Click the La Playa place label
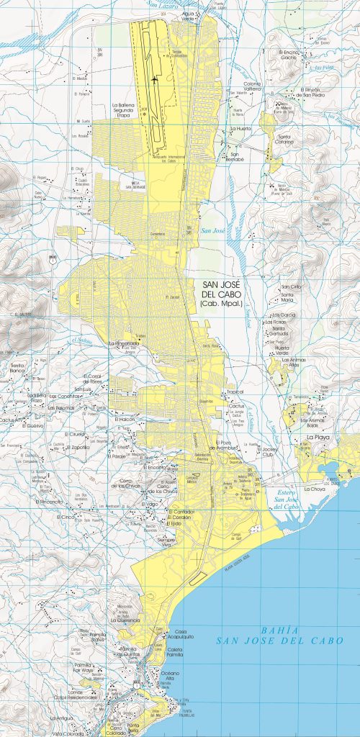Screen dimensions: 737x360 click(x=318, y=437)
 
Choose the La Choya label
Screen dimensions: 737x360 click(x=315, y=489)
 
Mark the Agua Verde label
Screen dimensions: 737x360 click(x=189, y=15)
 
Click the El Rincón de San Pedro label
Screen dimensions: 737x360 click(x=313, y=91)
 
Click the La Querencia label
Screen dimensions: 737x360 click(x=125, y=620)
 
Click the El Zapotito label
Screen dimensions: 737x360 click(x=79, y=446)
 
